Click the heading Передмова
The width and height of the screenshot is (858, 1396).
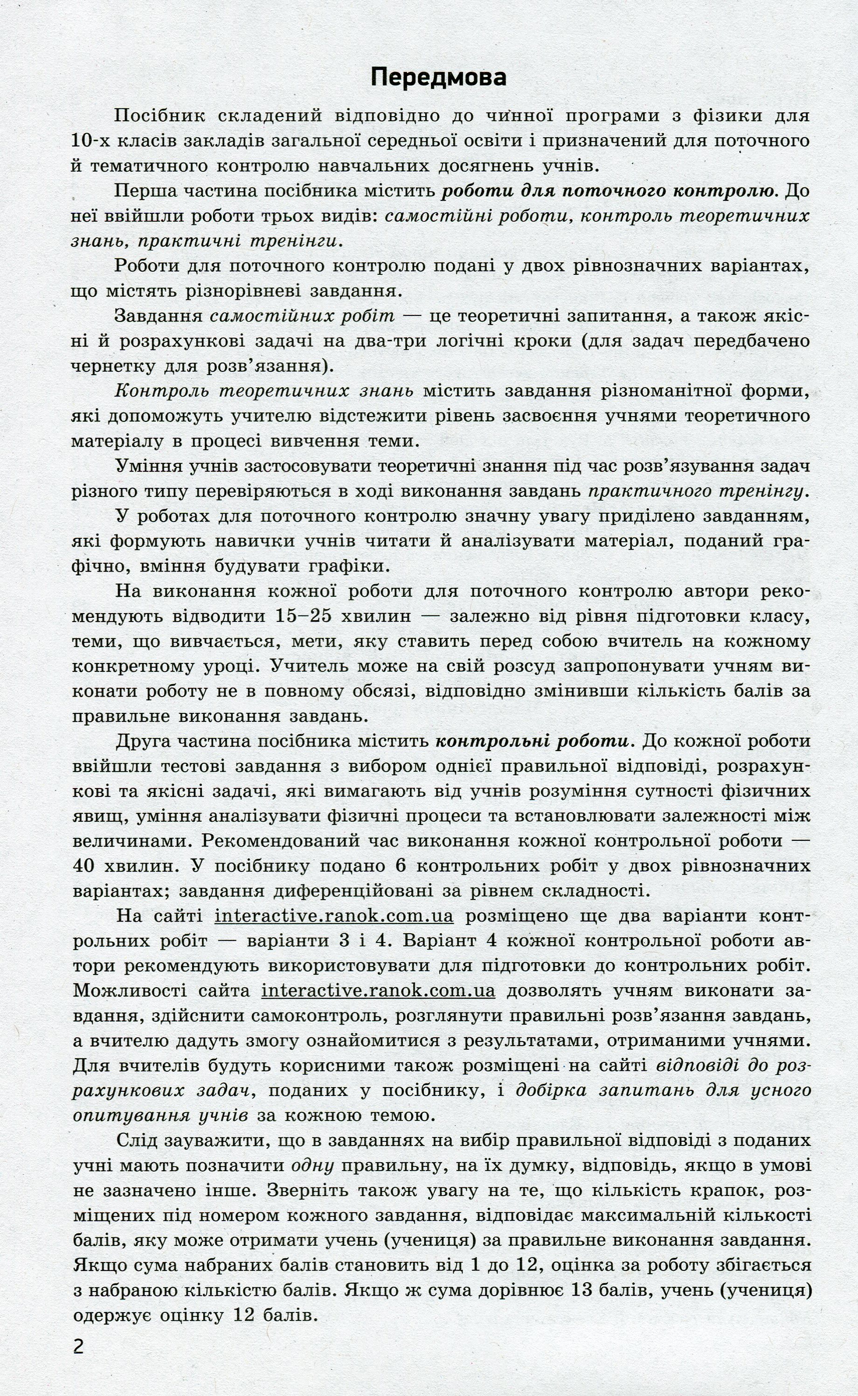click(438, 77)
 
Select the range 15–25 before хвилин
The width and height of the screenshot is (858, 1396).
click(295, 616)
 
